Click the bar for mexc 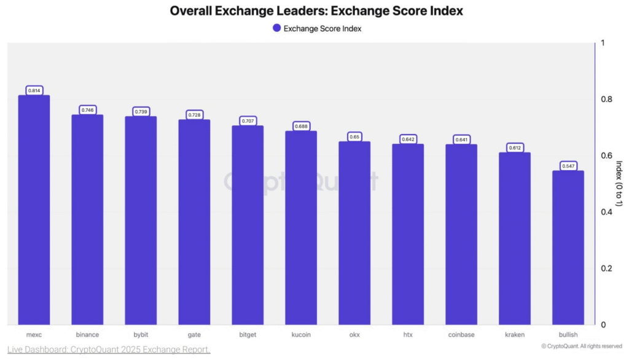(x=34, y=209)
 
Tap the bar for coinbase (x=461, y=234)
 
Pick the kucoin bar (x=301, y=227)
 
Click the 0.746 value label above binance (x=87, y=110)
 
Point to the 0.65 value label (x=354, y=137)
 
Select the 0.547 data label (x=568, y=166)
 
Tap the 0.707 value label (x=248, y=121)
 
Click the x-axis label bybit (x=141, y=335)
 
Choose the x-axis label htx (x=408, y=335)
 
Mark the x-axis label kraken (x=515, y=335)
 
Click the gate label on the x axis (x=194, y=335)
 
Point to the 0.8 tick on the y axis (x=606, y=100)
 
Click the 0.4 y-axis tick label (x=606, y=213)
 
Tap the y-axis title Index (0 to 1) (x=619, y=183)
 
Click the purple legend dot (x=276, y=28)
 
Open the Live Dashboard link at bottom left (x=109, y=350)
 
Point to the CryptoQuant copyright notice (x=582, y=346)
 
